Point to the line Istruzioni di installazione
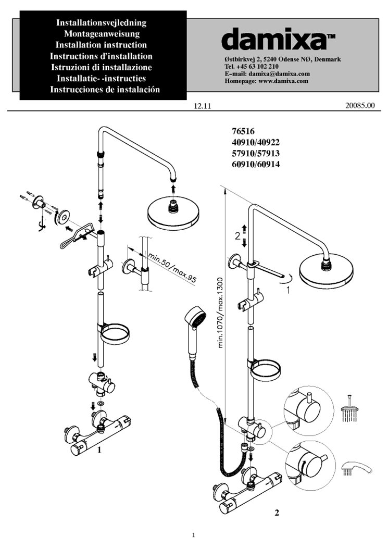[102, 67]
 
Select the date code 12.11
[202, 106]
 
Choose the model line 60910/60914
[252, 165]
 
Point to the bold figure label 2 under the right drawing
[277, 513]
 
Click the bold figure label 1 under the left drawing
[98, 452]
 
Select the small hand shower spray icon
[356, 467]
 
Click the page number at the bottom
[193, 535]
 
